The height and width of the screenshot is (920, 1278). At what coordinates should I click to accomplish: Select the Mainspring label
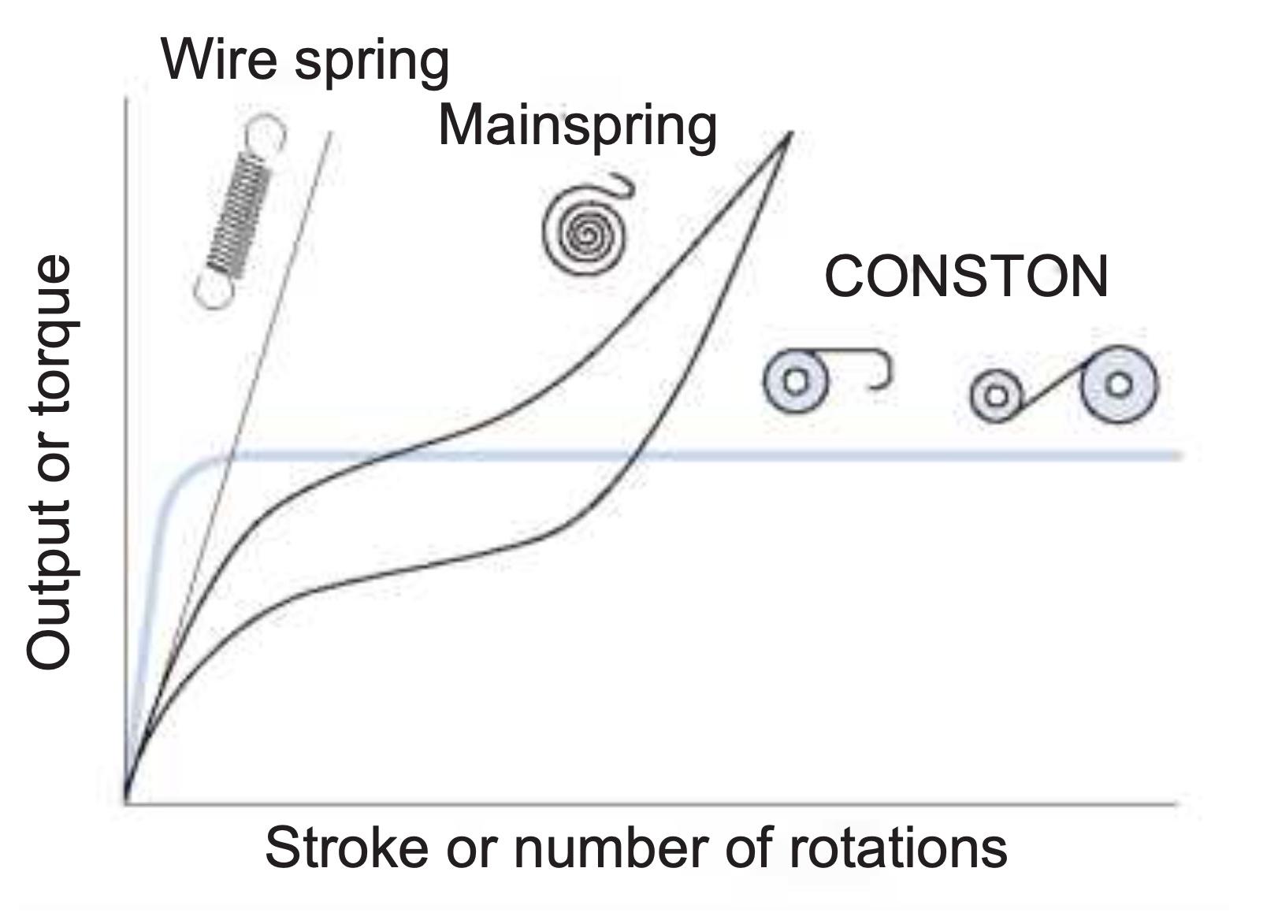577,126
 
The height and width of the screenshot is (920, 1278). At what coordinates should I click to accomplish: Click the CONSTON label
966,276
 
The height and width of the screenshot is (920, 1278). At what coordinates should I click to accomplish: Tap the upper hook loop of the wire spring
266,133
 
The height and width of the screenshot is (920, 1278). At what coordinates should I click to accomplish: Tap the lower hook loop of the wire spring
213,291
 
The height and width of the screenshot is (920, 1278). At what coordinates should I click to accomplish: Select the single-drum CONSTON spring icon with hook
796,381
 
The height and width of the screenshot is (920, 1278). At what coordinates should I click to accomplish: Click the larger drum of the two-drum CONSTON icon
1119,384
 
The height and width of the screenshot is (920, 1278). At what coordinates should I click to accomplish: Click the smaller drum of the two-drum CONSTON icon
996,395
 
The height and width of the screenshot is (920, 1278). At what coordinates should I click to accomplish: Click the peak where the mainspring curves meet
789,134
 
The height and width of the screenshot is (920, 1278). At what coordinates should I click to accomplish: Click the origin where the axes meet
125,803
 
